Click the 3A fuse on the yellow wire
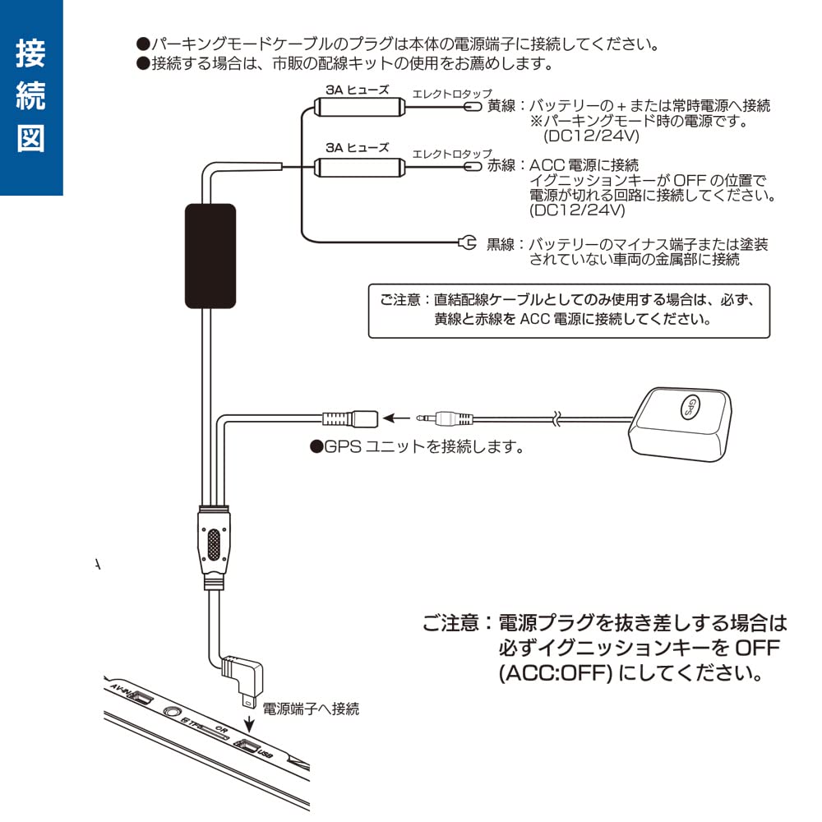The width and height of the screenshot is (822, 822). pyautogui.click(x=358, y=108)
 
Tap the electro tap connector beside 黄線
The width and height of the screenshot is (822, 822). pyautogui.click(x=472, y=107)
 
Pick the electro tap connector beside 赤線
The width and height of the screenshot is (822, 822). pyautogui.click(x=472, y=165)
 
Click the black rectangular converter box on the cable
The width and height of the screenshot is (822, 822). pyautogui.click(x=210, y=255)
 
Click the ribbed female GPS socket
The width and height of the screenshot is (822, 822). pyautogui.click(x=349, y=418)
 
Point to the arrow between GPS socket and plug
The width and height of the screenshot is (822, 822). pyautogui.click(x=396, y=418)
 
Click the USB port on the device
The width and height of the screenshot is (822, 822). pyautogui.click(x=247, y=746)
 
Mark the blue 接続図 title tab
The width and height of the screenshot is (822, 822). pyautogui.click(x=31, y=97)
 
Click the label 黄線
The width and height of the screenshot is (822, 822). pyautogui.click(x=501, y=107)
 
